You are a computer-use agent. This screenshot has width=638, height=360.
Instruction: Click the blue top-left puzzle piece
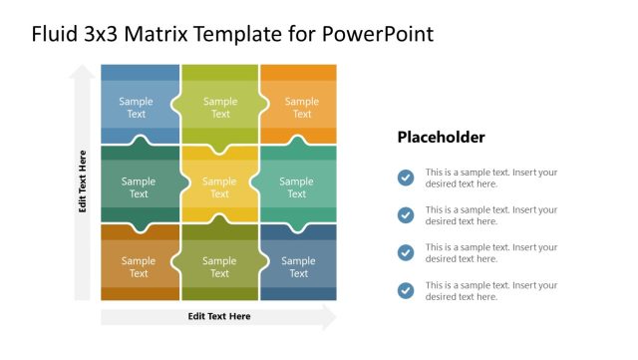pyautogui.click(x=138, y=107)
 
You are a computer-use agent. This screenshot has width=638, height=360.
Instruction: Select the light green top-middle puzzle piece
pyautogui.click(x=219, y=107)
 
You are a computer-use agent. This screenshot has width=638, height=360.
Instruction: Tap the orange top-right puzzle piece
pyautogui.click(x=301, y=107)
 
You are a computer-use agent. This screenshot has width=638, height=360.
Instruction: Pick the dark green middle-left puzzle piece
pyautogui.click(x=138, y=186)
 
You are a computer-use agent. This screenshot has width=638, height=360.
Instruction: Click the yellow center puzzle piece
pyautogui.click(x=219, y=186)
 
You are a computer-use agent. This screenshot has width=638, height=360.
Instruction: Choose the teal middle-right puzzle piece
pyautogui.click(x=297, y=186)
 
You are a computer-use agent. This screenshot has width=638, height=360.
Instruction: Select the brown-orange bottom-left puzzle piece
pyautogui.click(x=138, y=266)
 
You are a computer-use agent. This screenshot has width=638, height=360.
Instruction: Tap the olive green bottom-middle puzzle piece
pyautogui.click(x=219, y=266)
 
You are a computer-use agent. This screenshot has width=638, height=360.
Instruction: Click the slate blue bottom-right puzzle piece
pyautogui.click(x=297, y=266)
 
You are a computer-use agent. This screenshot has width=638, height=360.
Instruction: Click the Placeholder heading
pyautogui.click(x=441, y=138)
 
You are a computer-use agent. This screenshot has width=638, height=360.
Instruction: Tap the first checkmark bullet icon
pyautogui.click(x=405, y=178)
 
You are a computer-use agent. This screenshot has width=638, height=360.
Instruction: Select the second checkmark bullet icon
pyautogui.click(x=405, y=215)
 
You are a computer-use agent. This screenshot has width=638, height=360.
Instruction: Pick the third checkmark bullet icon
pyautogui.click(x=405, y=252)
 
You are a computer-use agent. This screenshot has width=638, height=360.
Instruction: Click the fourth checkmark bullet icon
pyautogui.click(x=405, y=290)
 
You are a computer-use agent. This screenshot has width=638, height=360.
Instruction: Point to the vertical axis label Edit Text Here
pyautogui.click(x=83, y=181)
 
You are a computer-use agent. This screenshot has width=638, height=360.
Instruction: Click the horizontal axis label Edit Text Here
pyautogui.click(x=219, y=316)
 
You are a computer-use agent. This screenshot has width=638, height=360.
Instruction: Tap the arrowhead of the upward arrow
pyautogui.click(x=83, y=72)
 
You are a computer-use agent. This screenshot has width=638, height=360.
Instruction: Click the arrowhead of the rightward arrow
pyautogui.click(x=329, y=316)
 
